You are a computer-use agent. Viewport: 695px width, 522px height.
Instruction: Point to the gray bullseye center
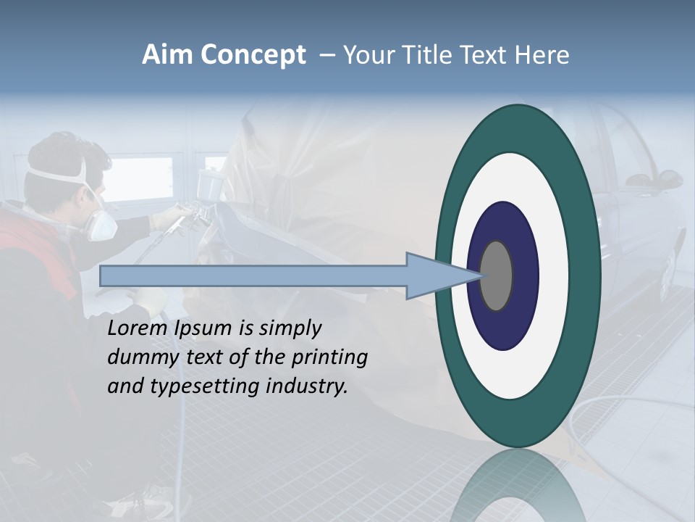(x=497, y=276)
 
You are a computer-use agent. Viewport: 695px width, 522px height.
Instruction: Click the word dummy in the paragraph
(x=138, y=357)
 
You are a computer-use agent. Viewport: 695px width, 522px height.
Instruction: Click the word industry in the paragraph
(x=307, y=386)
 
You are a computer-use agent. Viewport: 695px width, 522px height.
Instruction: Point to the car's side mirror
(x=644, y=178)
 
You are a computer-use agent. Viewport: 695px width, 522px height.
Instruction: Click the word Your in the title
(x=366, y=55)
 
